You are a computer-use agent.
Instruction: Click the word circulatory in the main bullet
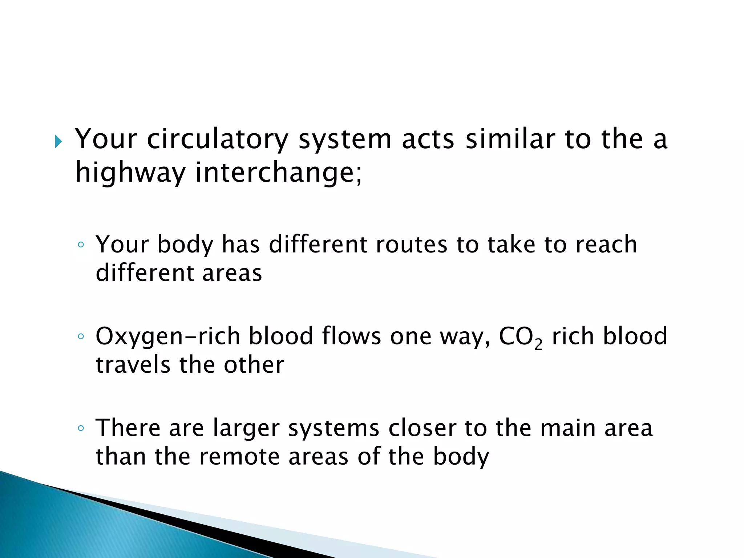tap(217, 140)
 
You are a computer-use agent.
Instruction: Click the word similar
tap(510, 140)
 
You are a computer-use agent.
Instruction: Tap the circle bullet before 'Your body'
tap(81, 245)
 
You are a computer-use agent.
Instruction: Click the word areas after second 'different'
tap(232, 273)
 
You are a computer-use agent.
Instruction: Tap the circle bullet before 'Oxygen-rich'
tap(81, 336)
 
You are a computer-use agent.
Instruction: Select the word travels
tap(133, 365)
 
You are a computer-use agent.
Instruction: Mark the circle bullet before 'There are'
tap(81, 428)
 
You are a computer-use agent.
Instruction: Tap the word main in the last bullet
tap(567, 428)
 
